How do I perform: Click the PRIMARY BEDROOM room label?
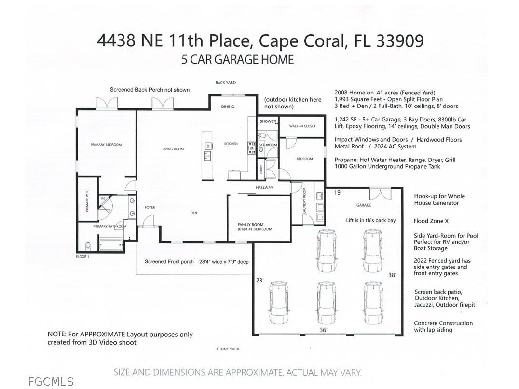106,145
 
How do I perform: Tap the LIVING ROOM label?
173,149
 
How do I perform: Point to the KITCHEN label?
231,144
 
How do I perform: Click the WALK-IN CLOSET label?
302,126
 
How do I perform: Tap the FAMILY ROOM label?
255,227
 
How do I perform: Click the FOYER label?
150,208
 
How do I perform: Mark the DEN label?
194,213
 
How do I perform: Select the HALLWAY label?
264,188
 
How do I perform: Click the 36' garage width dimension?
323,330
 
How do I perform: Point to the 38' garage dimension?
392,275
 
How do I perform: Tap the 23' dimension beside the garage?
260,280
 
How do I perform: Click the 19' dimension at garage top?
338,193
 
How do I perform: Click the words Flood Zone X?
431,221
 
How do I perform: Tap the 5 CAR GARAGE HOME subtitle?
237,60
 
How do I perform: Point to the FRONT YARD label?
228,349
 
